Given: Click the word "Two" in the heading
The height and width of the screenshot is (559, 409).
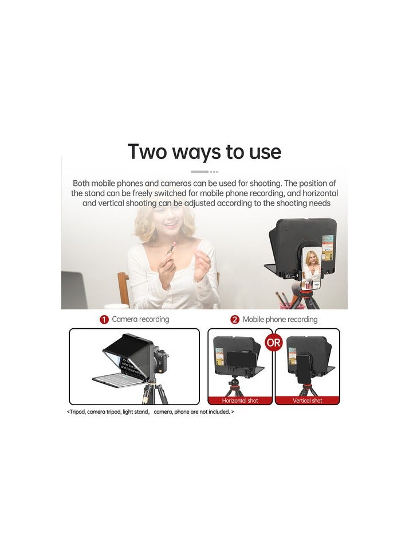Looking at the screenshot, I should pos(148,152).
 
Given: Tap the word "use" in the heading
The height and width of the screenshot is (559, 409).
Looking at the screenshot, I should pos(261,152).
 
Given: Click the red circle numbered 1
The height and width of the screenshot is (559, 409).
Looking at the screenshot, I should pos(104,320).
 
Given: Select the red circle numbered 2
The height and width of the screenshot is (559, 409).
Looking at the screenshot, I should pos(235,320).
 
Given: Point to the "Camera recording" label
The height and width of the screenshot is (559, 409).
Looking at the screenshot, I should pos(140,319).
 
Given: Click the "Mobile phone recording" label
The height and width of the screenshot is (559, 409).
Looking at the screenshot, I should pos(280,319).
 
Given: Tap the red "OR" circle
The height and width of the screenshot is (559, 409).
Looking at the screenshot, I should pos(274,343).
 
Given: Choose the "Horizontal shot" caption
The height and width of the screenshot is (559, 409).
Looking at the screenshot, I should pos(240,401).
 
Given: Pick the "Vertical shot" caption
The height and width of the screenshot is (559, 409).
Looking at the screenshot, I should pos(308,401).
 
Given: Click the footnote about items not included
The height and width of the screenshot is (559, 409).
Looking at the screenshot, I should pos(150,412).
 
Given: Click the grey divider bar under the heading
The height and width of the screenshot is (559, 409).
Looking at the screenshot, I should pos(200,171).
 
